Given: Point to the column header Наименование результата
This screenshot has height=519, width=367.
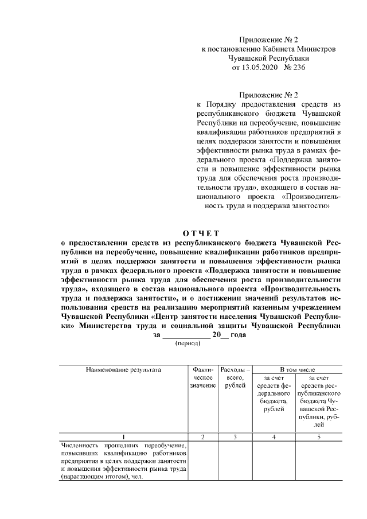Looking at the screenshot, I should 124,370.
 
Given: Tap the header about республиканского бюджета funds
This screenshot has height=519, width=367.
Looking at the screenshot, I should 318,401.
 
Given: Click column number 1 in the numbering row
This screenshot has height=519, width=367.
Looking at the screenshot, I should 124,438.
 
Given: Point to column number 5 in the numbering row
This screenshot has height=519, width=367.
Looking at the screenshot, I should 318,438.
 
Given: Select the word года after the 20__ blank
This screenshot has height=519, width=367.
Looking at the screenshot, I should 239,335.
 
